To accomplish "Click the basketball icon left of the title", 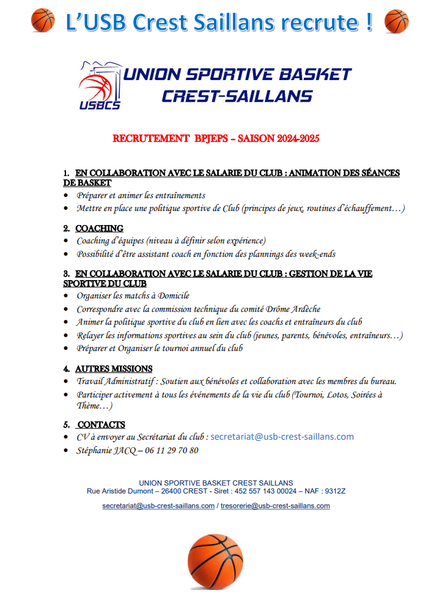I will (43, 20).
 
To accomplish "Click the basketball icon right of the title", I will (396, 20).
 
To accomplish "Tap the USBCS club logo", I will (100, 86).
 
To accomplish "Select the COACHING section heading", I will (99, 229).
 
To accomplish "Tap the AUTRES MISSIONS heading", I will (114, 369).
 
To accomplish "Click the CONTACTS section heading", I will (101, 424).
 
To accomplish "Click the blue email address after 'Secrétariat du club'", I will (282, 437).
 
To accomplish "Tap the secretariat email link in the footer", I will (158, 506).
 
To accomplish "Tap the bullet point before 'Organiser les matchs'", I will (66, 297).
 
